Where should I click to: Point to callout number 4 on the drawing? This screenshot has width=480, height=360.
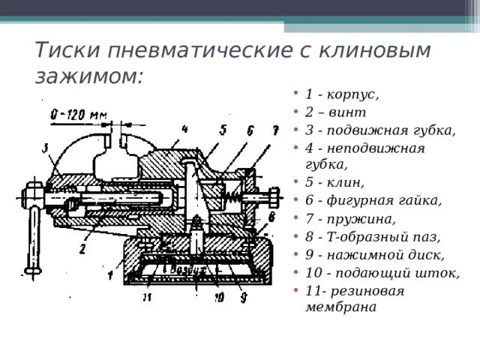click(183, 127)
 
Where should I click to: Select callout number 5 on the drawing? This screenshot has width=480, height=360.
click(223, 130)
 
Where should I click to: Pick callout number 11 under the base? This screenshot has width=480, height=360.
click(146, 298)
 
